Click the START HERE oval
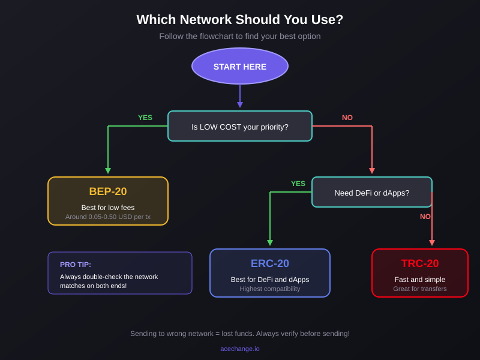click(240, 66)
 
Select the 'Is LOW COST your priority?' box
click(240, 127)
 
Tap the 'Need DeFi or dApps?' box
click(372, 193)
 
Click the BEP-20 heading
click(108, 191)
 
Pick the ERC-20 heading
click(270, 263)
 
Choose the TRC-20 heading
click(420, 263)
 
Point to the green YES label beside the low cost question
click(145, 118)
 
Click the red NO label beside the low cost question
click(347, 118)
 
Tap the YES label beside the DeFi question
click(298, 184)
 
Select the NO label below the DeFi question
click(425, 217)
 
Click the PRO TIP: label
click(76, 265)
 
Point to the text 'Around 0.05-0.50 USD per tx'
click(108, 217)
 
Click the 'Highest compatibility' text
click(270, 289)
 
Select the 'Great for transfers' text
click(420, 289)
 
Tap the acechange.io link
click(240, 349)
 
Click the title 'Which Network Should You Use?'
click(240, 20)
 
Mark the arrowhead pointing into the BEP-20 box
click(108, 171)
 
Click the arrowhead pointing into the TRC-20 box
click(432, 243)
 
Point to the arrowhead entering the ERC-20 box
click(270, 243)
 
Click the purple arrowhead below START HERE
click(240, 105)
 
